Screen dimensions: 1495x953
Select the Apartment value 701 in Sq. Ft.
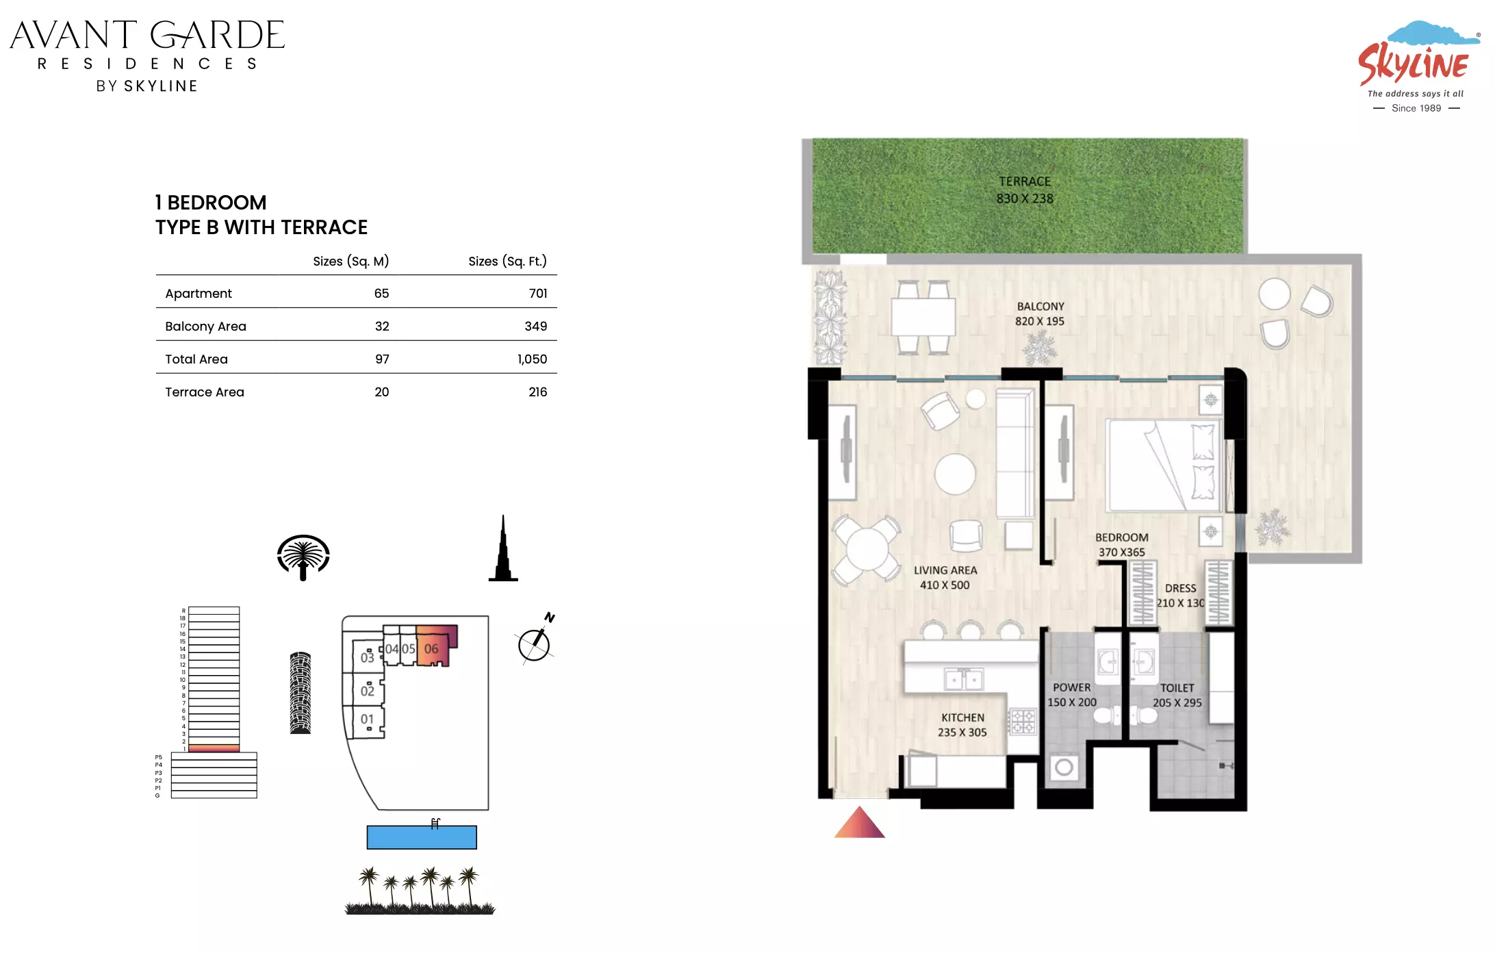pyautogui.click(x=538, y=294)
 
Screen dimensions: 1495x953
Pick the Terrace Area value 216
pyautogui.click(x=537, y=392)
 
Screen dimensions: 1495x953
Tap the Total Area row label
pyautogui.click(x=196, y=359)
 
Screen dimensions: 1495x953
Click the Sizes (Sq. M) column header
pyautogui.click(x=350, y=262)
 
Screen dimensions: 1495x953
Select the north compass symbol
pyautogui.click(x=536, y=639)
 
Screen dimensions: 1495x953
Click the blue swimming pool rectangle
pyautogui.click(x=422, y=837)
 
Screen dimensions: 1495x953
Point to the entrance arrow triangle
pyautogui.click(x=860, y=822)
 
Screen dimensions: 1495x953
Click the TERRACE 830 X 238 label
pyautogui.click(x=1025, y=190)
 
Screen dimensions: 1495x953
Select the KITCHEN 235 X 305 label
pyautogui.click(x=962, y=725)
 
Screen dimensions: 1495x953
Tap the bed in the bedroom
pyautogui.click(x=1164, y=466)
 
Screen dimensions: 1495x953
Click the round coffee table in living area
pyautogui.click(x=955, y=474)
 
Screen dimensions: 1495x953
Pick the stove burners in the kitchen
pyautogui.click(x=1023, y=722)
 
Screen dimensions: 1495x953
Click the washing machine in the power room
pyautogui.click(x=1064, y=767)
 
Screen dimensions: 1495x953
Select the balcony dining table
pyautogui.click(x=923, y=317)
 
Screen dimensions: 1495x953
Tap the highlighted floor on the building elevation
pyautogui.click(x=214, y=748)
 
